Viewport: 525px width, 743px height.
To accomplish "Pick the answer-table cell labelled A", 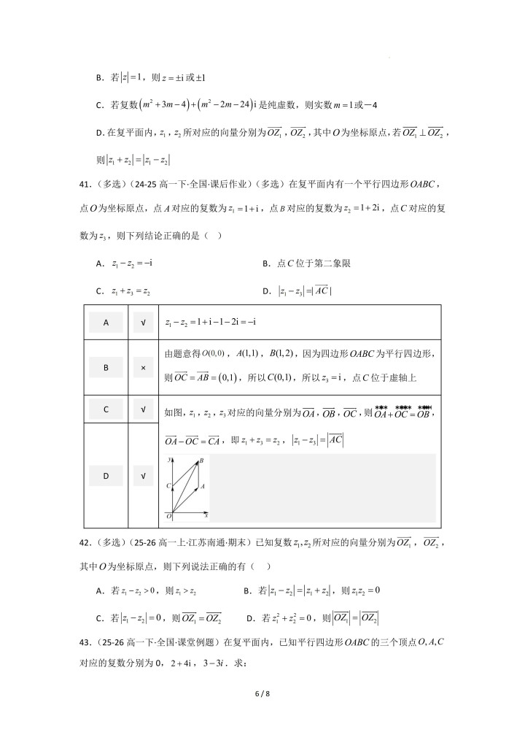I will coord(106,321).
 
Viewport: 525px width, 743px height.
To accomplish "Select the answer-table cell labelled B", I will coord(106,368).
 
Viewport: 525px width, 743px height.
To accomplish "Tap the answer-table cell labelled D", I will coord(106,476).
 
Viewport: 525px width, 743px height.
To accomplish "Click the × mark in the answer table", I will coord(144,368).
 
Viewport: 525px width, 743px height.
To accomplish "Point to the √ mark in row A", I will coord(144,321).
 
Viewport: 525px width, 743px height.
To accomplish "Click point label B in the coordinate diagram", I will coord(202,461).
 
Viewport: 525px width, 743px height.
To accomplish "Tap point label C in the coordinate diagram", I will coord(169,485).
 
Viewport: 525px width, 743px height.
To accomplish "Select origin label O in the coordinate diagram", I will coord(168,516).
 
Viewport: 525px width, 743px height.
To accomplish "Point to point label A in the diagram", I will coord(203,486).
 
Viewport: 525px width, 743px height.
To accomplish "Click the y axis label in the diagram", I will coord(169,460).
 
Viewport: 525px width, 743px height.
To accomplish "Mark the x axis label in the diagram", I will coord(206,515).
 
